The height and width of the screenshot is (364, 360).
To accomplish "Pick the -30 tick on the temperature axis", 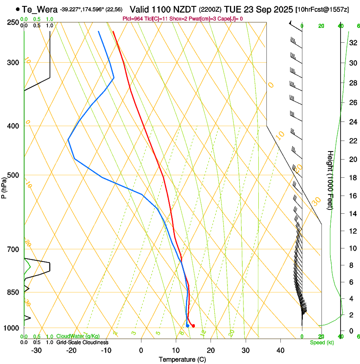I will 36,350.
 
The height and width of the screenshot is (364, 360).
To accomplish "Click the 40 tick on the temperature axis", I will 280,350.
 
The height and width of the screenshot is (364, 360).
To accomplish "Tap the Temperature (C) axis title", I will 182,359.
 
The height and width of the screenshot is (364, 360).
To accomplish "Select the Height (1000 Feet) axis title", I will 330,180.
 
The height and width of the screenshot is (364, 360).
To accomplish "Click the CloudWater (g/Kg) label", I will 72,336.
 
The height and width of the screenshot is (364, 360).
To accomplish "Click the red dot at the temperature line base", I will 193,326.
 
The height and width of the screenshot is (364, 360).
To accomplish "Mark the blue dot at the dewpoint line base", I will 187,325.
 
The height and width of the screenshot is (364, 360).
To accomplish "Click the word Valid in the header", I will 140,9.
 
